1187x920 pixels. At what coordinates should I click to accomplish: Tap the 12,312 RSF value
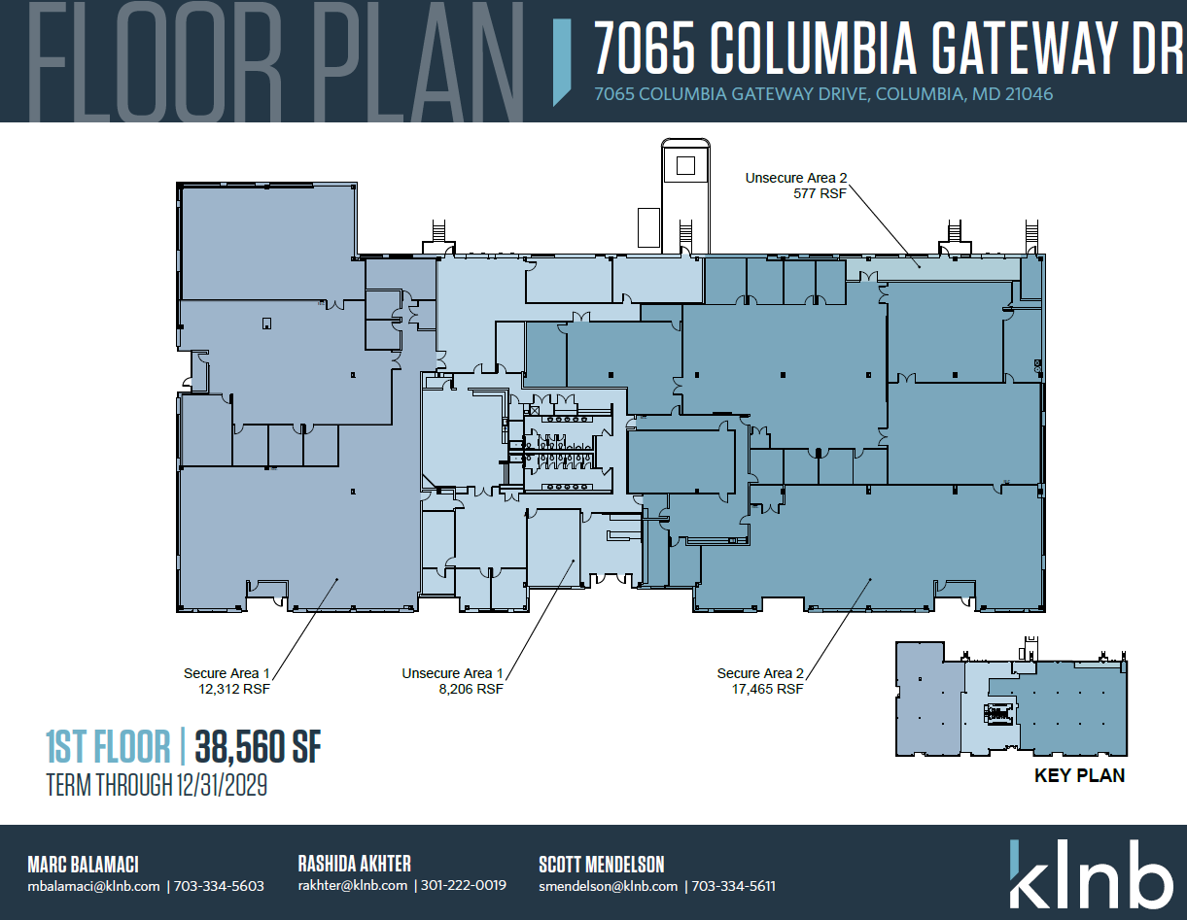pyautogui.click(x=233, y=690)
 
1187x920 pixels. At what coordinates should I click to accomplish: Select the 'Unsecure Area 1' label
pyautogui.click(x=452, y=673)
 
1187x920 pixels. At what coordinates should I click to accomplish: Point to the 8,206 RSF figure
pyautogui.click(x=471, y=690)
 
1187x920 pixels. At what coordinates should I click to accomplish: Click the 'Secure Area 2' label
pyautogui.click(x=760, y=673)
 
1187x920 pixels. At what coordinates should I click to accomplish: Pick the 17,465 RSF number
pyautogui.click(x=767, y=690)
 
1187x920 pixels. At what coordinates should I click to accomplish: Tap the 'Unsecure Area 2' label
pyautogui.click(x=796, y=178)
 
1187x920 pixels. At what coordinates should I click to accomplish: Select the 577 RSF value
pyautogui.click(x=820, y=193)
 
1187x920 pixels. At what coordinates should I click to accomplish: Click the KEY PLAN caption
pyautogui.click(x=1079, y=775)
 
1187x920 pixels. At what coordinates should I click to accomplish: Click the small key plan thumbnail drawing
pyautogui.click(x=1011, y=699)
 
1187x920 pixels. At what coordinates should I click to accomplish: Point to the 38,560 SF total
pyautogui.click(x=259, y=747)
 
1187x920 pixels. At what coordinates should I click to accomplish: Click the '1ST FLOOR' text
pyautogui.click(x=107, y=747)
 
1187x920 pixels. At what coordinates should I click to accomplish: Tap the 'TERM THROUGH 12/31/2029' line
pyautogui.click(x=157, y=785)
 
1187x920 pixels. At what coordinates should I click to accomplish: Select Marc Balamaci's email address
pyautogui.click(x=93, y=886)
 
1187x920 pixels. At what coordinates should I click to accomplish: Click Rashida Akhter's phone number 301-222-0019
pyautogui.click(x=463, y=886)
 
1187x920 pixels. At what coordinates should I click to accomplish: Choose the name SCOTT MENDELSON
pyautogui.click(x=601, y=864)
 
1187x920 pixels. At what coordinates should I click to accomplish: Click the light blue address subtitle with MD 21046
pyautogui.click(x=823, y=94)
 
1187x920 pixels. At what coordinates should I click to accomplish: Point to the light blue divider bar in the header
pyautogui.click(x=561, y=60)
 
